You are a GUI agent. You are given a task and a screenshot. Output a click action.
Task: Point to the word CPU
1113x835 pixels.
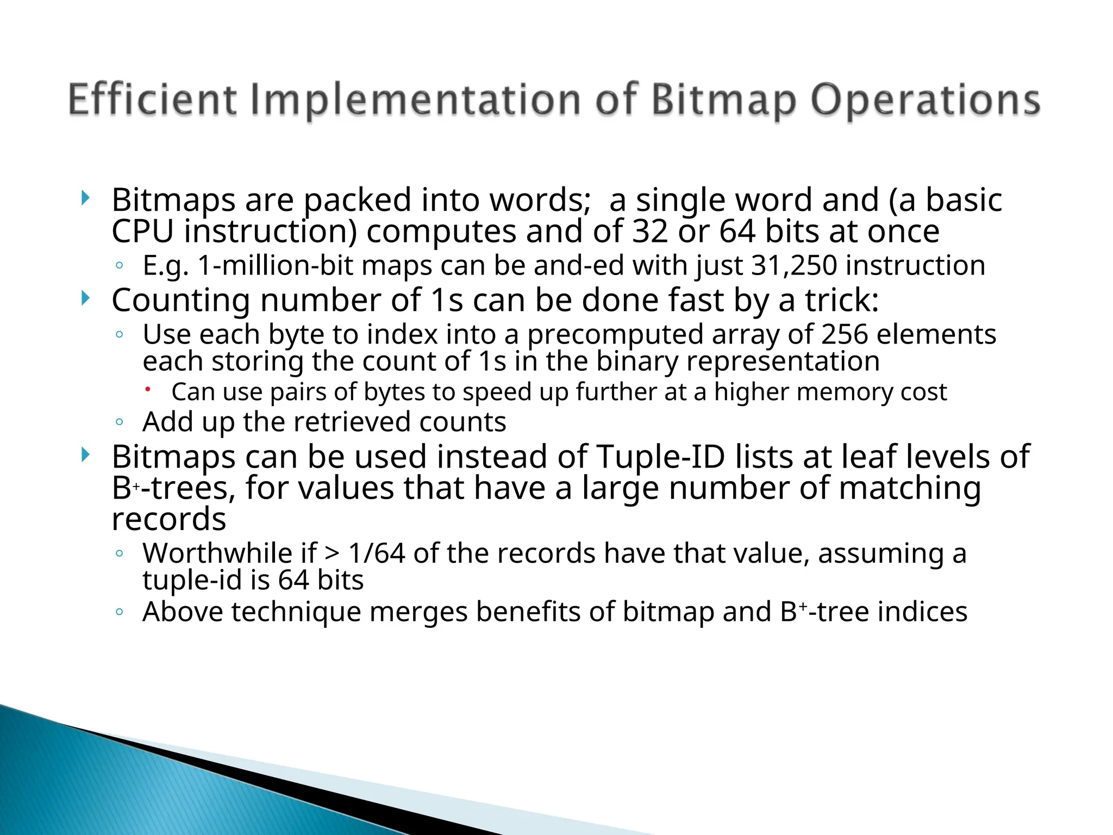click(x=142, y=232)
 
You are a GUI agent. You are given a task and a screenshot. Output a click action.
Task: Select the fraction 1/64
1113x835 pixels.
click(x=377, y=553)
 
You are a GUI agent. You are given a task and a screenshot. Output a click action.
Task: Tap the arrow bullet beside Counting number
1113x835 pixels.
click(x=85, y=298)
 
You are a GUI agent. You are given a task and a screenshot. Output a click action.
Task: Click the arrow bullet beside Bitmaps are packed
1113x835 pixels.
click(x=85, y=198)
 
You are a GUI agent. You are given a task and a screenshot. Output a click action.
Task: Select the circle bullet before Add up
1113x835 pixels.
click(x=120, y=422)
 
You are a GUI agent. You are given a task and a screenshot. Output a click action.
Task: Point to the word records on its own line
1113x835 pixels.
click(x=169, y=519)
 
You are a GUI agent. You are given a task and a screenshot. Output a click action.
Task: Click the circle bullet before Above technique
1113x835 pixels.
click(x=120, y=612)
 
